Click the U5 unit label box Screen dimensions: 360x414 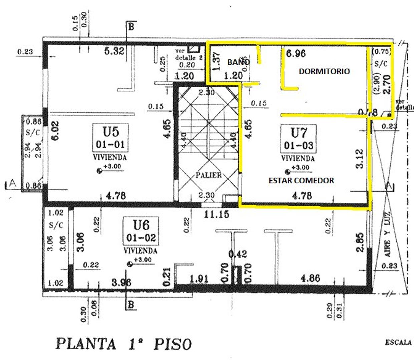(111, 137)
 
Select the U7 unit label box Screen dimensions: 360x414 (299, 138)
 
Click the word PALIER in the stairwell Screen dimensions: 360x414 (209, 175)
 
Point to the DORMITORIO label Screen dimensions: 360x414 (324, 71)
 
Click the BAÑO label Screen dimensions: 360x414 (238, 62)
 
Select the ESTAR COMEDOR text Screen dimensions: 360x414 (301, 180)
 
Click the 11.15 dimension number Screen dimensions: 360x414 (217, 214)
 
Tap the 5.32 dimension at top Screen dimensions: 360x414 (114, 51)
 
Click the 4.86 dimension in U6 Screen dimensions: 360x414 (310, 278)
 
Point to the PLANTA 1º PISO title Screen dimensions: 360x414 (123, 344)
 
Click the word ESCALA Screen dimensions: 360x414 (398, 342)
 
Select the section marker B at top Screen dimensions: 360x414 (131, 27)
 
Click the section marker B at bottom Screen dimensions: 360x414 (131, 304)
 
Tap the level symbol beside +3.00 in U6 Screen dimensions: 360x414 (130, 264)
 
